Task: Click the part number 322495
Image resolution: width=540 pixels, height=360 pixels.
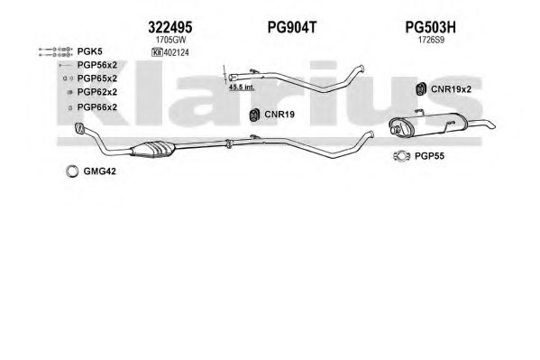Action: (x=170, y=27)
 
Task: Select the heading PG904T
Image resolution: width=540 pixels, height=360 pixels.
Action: (x=292, y=27)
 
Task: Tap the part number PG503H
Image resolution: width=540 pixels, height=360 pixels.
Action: (x=430, y=27)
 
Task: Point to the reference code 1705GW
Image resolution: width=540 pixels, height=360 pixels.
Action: (x=170, y=40)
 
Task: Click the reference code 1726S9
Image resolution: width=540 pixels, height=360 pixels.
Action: (x=431, y=40)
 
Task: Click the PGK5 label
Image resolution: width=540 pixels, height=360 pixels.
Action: (x=89, y=51)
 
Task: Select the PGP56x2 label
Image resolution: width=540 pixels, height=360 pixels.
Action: (x=97, y=65)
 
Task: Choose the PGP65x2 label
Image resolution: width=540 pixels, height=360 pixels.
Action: (x=97, y=78)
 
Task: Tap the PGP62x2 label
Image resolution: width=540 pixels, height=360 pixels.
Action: (x=97, y=92)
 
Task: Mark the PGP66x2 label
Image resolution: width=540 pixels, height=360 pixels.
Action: (x=97, y=107)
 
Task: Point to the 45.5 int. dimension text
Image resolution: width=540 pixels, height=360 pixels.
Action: (x=242, y=88)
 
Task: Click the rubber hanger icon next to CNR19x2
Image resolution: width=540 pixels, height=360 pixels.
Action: (x=420, y=89)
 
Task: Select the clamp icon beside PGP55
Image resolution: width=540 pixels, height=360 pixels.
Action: (x=401, y=156)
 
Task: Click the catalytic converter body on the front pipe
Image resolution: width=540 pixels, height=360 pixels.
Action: (x=153, y=149)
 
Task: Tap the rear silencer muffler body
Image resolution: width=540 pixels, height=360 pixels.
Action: (x=428, y=125)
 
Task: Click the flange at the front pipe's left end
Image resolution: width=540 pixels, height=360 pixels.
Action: (x=80, y=128)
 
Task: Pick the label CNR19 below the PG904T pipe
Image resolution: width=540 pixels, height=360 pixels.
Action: (x=279, y=115)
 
